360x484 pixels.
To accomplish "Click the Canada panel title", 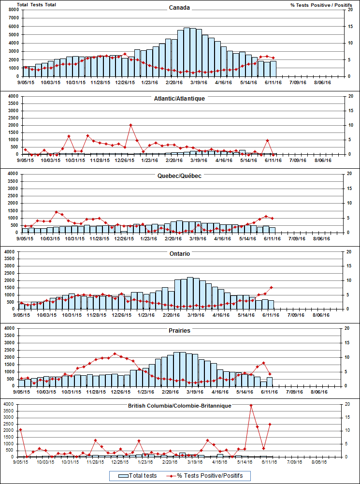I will click(180, 8).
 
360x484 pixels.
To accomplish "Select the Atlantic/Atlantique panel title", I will click(180, 98).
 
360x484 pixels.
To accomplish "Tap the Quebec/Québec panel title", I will click(180, 176).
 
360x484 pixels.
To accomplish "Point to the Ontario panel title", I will click(180, 253).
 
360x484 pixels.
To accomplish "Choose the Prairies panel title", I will click(180, 331).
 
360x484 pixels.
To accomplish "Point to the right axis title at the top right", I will click(321, 5).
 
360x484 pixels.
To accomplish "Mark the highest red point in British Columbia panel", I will click(251, 406).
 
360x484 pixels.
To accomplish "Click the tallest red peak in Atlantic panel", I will click(130, 125).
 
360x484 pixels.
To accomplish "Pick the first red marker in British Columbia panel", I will click(20, 429).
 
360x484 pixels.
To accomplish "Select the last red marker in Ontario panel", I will click(272, 288).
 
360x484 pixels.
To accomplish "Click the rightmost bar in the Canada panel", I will click(273, 69).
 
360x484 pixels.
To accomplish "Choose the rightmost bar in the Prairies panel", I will click(270, 382).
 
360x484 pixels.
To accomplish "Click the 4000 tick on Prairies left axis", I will click(10, 328).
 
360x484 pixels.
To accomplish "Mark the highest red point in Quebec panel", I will click(57, 212).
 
